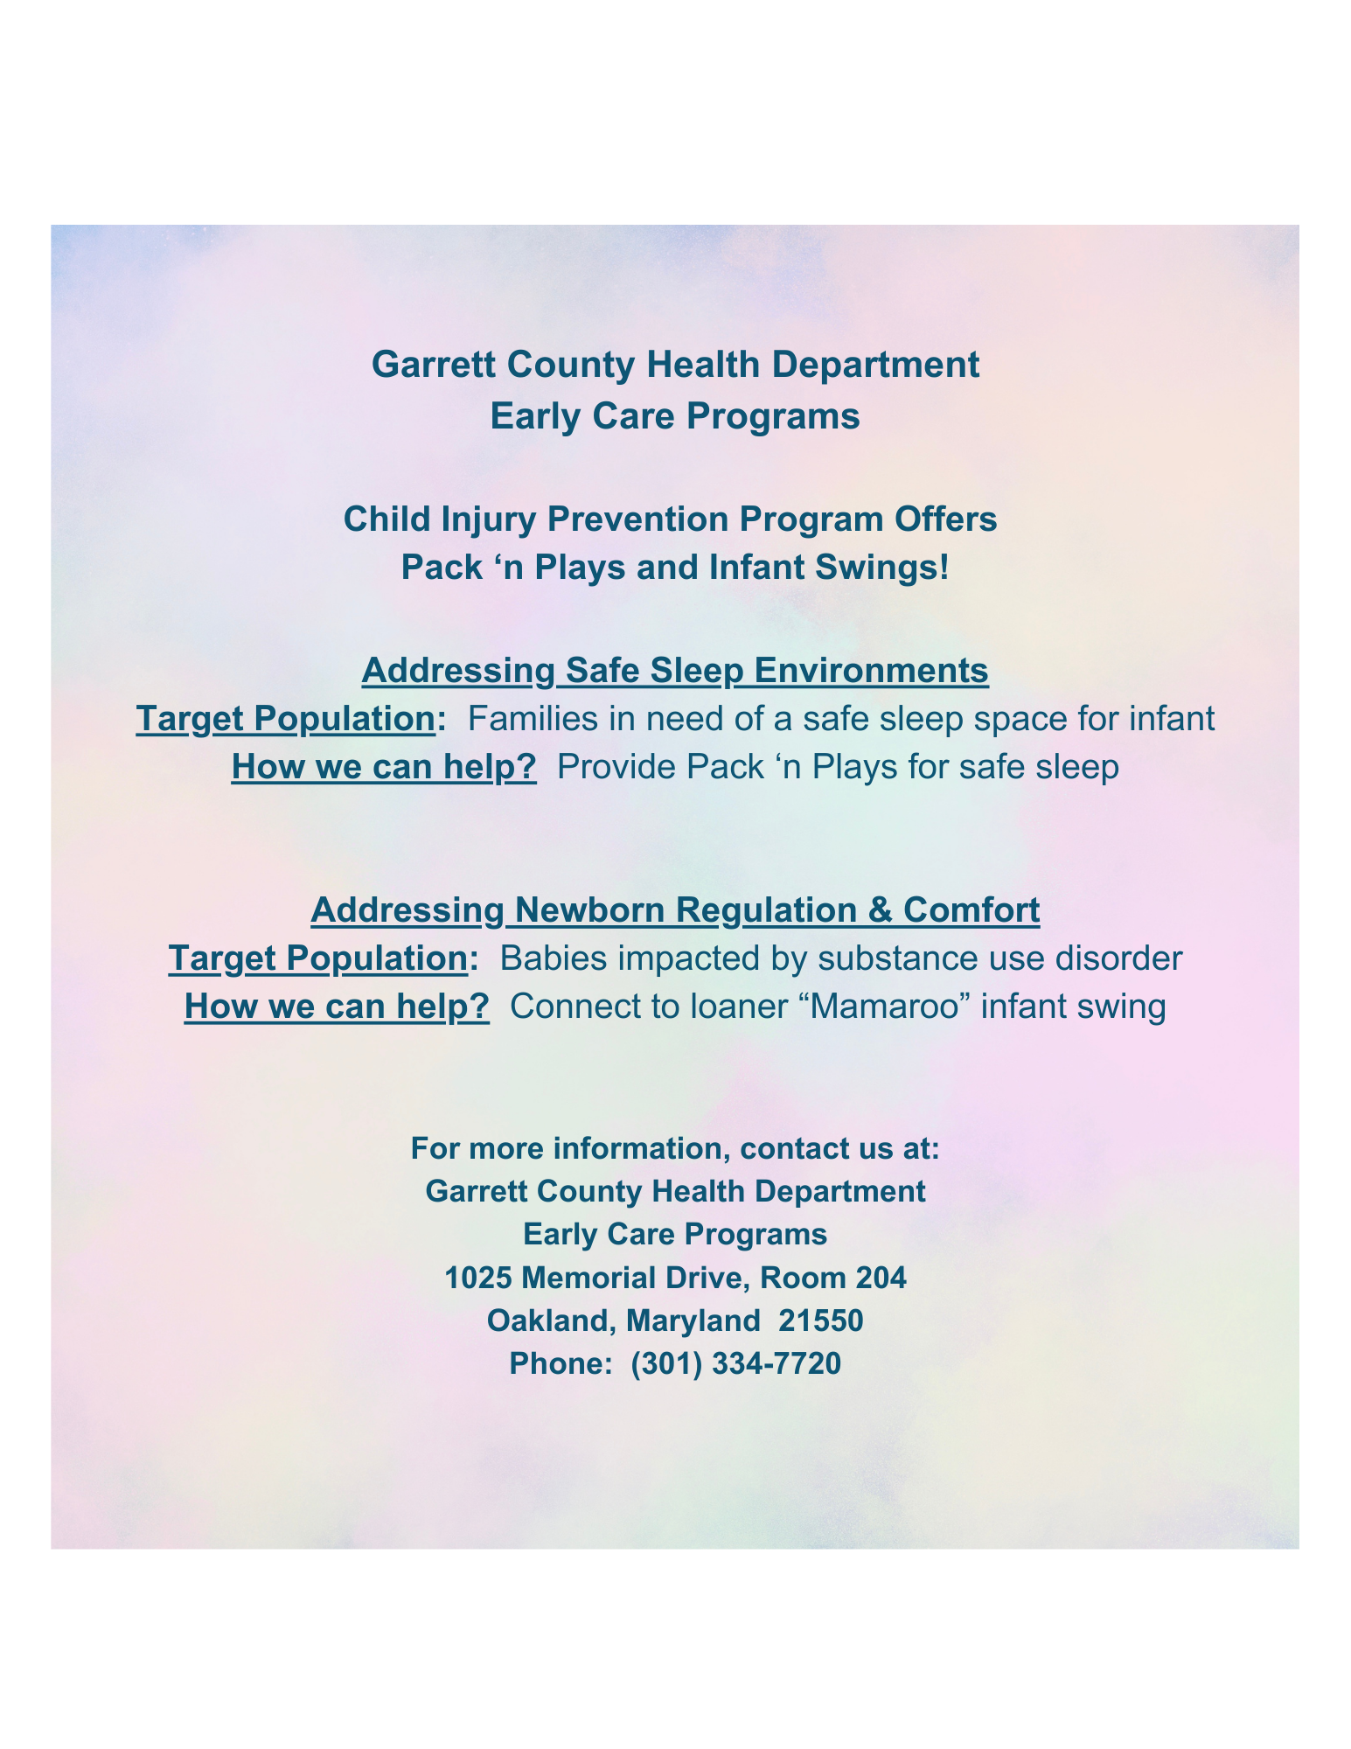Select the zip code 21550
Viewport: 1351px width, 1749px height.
(821, 1320)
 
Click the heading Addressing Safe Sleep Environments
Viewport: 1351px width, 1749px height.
(675, 671)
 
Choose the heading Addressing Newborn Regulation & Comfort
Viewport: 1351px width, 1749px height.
(675, 910)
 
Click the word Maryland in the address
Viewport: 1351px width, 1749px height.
(693, 1320)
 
